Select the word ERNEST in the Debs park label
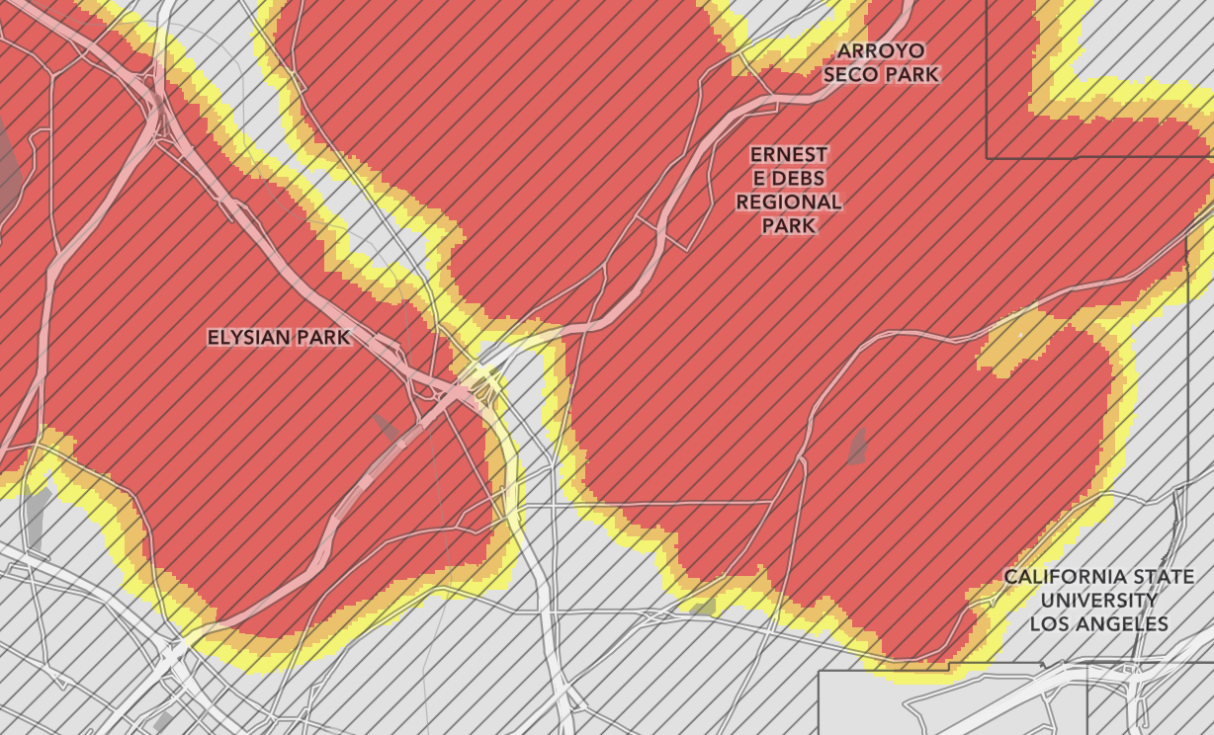(789, 155)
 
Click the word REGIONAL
(789, 203)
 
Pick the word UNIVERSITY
(1098, 601)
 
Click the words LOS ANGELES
(1098, 624)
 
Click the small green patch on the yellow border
(703, 607)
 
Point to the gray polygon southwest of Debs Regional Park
(856, 448)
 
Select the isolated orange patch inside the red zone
(1018, 343)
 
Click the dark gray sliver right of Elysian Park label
(386, 428)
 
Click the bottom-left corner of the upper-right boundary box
(987, 158)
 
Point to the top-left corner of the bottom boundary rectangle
(820, 672)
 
